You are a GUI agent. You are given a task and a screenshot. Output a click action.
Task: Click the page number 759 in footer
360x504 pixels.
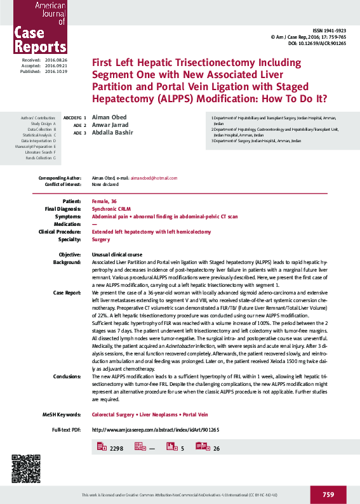(x=328, y=494)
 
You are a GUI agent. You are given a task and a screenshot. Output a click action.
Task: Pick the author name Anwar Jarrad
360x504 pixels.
(x=109, y=125)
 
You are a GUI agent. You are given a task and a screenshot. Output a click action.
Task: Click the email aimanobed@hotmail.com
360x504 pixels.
(x=154, y=178)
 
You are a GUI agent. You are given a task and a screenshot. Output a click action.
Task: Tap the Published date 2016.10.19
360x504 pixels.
(x=57, y=72)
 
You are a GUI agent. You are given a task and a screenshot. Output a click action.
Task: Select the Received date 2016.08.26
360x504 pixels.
(x=57, y=60)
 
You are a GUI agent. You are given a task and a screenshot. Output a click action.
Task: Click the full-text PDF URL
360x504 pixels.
(x=156, y=430)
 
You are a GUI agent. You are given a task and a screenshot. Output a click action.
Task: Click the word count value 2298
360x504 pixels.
(x=116, y=448)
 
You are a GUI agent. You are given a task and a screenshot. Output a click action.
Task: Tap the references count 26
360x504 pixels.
(x=217, y=448)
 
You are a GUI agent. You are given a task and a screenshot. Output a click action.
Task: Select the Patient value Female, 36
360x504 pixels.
(x=105, y=201)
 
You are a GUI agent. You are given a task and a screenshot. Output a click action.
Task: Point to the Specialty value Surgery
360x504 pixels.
(x=101, y=239)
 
